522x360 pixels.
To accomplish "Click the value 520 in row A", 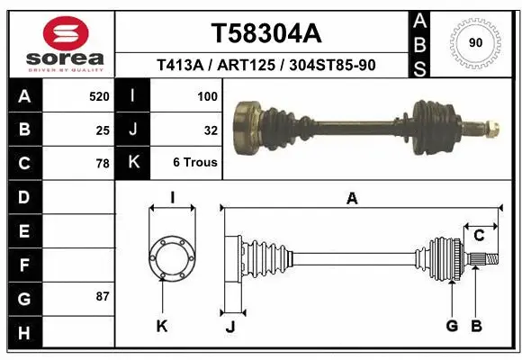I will pyautogui.click(x=99, y=95).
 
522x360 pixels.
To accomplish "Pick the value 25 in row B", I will pyautogui.click(x=103, y=130).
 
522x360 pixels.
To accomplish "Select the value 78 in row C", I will pyautogui.click(x=103, y=164).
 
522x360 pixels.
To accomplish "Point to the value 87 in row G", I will pyautogui.click(x=103, y=296).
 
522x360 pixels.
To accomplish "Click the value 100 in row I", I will pyautogui.click(x=206, y=95).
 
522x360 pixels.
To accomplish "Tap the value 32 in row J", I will pyautogui.click(x=211, y=130).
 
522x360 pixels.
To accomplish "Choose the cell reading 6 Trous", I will pyautogui.click(x=195, y=164).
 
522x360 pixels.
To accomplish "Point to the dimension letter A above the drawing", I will pyautogui.click(x=352, y=199).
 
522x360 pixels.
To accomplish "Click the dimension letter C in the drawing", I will pyautogui.click(x=479, y=236).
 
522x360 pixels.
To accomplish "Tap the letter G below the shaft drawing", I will pyautogui.click(x=452, y=326).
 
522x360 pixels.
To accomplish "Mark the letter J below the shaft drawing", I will pyautogui.click(x=229, y=327).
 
